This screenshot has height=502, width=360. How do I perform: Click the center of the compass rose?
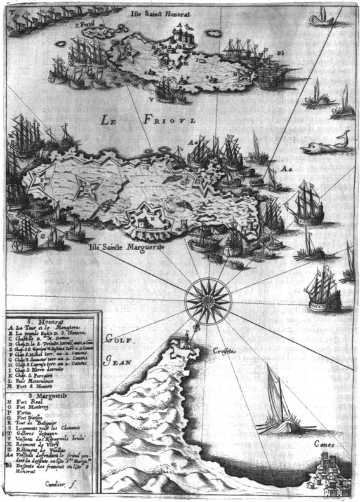[x=208, y=298]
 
